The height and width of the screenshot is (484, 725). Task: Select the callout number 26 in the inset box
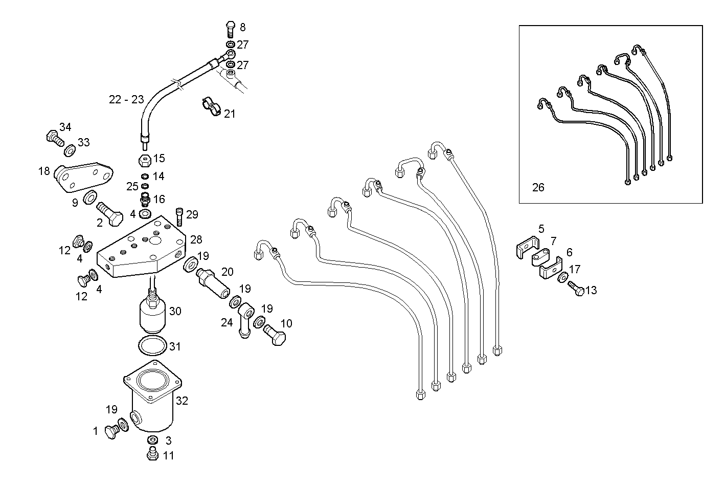(538, 187)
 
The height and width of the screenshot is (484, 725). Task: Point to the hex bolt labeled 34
(53, 137)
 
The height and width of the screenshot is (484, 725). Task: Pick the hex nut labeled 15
(144, 161)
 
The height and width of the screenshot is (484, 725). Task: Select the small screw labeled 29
(179, 217)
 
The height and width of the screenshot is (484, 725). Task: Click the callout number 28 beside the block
(196, 239)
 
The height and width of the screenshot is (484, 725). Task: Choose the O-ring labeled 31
(152, 346)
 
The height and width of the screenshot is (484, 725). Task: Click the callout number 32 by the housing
(182, 401)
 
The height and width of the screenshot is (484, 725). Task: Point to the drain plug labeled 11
(152, 453)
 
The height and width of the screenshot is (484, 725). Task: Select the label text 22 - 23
(126, 100)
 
